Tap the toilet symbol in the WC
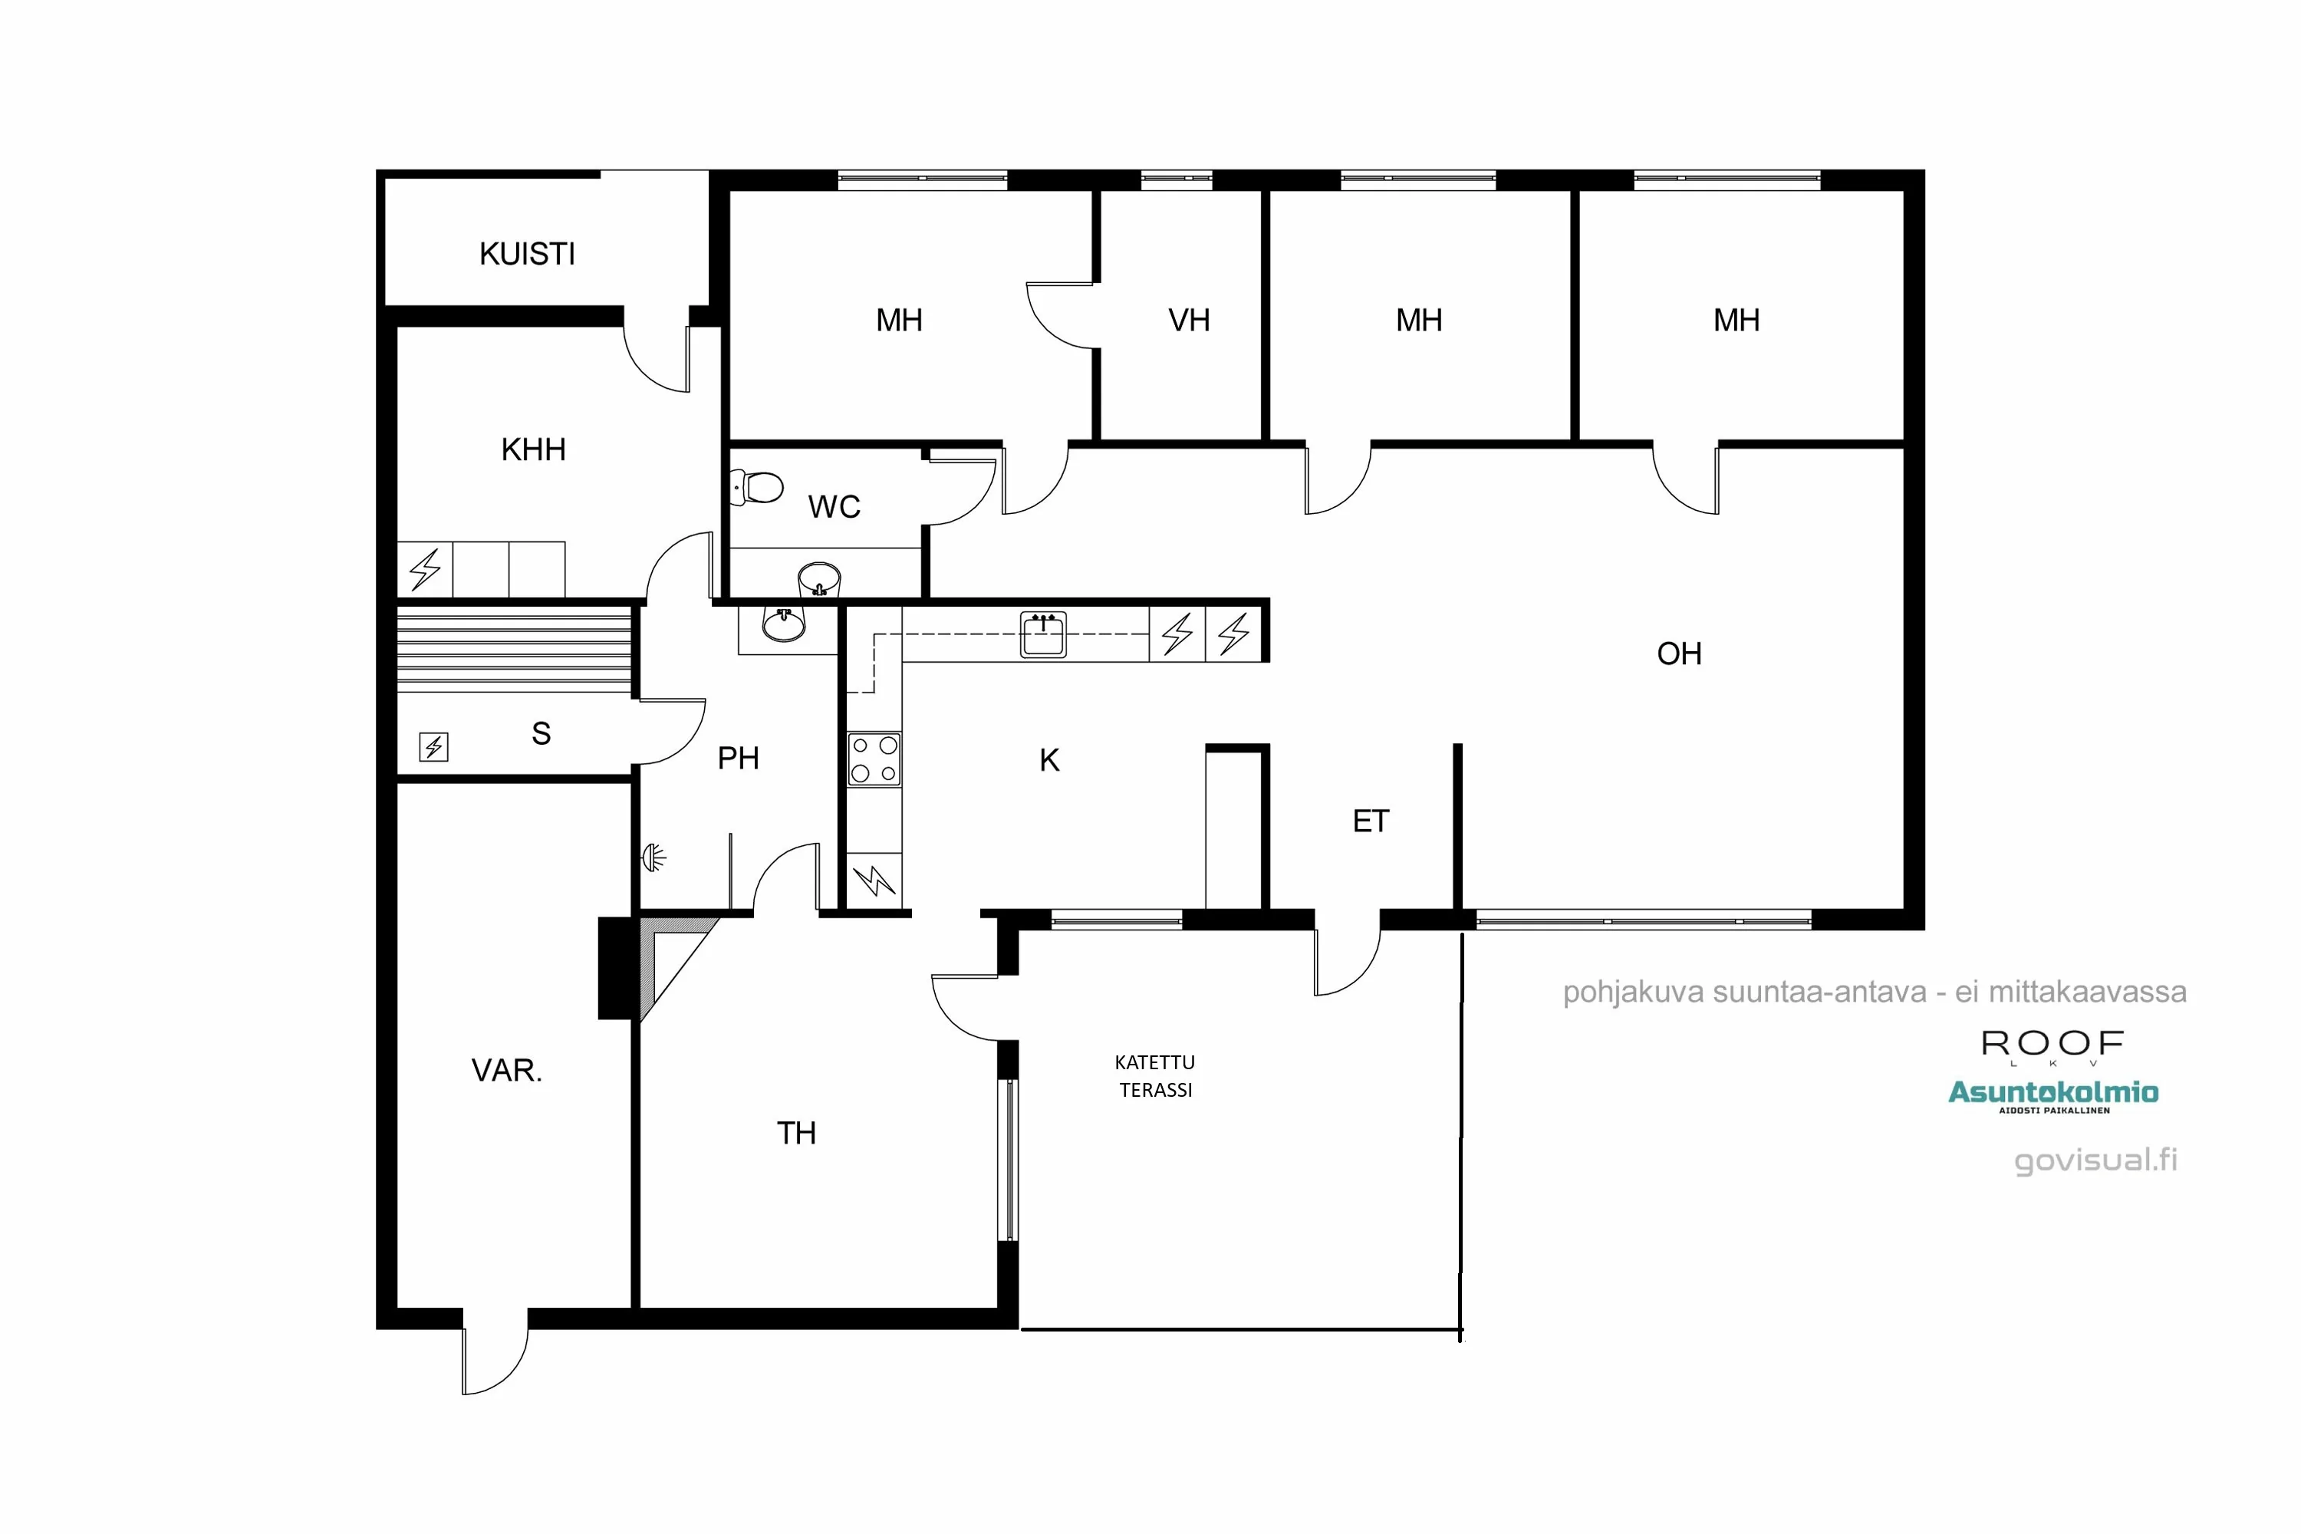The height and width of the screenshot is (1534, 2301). click(x=759, y=486)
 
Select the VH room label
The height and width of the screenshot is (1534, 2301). click(x=1189, y=320)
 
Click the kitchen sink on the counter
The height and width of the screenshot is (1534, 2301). click(x=1043, y=635)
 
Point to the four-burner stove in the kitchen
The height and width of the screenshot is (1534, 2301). click(x=874, y=759)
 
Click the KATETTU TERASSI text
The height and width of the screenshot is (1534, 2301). click(x=1155, y=1075)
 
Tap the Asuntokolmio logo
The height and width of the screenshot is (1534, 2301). click(x=2052, y=1094)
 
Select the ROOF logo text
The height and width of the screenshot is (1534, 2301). click(x=2052, y=1044)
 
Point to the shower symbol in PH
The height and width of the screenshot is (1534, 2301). click(x=653, y=858)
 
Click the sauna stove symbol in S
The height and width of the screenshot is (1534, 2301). click(x=433, y=746)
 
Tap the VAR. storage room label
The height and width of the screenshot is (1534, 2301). click(x=507, y=1070)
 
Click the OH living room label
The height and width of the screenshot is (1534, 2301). click(x=1679, y=653)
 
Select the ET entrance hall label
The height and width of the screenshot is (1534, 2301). click(x=1371, y=821)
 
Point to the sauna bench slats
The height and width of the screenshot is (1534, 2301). click(x=514, y=649)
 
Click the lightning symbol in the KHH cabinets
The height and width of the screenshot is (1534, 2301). click(x=425, y=569)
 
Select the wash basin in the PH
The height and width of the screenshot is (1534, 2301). click(x=784, y=623)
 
